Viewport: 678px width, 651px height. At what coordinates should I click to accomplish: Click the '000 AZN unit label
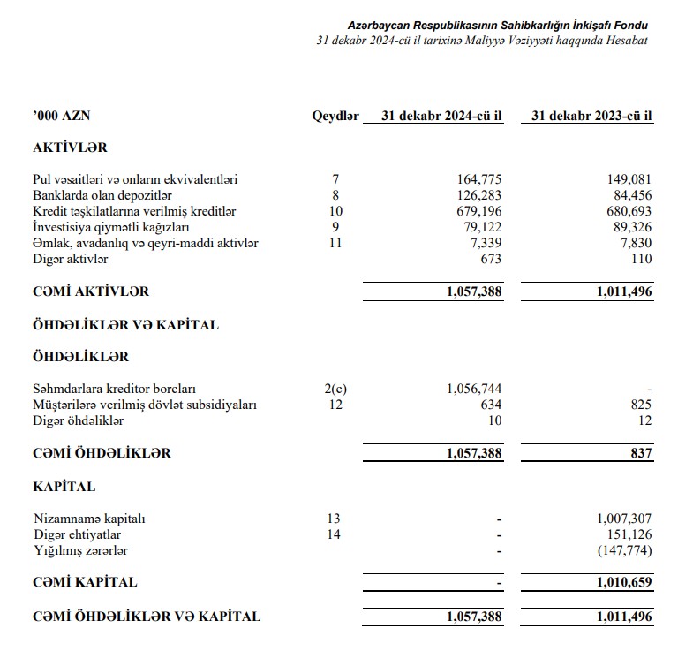tap(61, 117)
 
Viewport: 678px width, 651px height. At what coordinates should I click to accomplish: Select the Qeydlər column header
tap(335, 117)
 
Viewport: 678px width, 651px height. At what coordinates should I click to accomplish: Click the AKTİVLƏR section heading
tap(70, 148)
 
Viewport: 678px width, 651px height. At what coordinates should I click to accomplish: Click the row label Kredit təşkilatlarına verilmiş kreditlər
tap(134, 211)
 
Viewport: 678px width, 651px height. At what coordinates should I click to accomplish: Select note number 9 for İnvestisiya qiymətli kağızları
tap(335, 227)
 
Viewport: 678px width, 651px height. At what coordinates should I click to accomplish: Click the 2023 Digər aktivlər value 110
tap(641, 259)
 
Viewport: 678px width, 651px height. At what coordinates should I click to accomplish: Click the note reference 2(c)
tap(335, 390)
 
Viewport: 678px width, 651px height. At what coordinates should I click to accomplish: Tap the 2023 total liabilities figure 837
tap(641, 454)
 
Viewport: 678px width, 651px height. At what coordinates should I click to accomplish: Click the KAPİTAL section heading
tap(64, 487)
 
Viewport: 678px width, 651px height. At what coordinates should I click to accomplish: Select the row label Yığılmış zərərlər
tap(81, 550)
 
